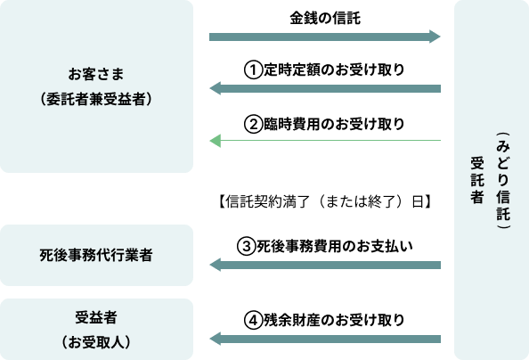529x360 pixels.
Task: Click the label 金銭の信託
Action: click(325, 18)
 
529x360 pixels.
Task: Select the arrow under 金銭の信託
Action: click(324, 37)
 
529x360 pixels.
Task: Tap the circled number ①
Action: click(253, 70)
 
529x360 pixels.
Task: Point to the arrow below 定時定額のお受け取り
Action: click(325, 88)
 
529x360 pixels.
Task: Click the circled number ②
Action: click(253, 124)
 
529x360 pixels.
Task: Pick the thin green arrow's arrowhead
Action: click(216, 141)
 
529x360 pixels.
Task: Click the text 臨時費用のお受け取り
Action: click(334, 124)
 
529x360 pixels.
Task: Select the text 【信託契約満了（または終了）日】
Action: click(325, 201)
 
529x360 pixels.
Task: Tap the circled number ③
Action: click(246, 246)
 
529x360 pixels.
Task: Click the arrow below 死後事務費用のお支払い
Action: click(325, 265)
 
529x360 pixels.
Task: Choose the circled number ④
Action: click(253, 320)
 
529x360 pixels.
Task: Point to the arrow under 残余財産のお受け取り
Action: click(325, 339)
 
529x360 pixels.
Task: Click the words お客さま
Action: click(96, 74)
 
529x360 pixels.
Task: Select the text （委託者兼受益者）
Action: click(96, 99)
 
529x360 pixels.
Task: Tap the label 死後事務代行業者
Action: click(96, 255)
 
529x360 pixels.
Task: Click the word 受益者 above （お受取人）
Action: click(96, 317)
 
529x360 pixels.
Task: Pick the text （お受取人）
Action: click(96, 342)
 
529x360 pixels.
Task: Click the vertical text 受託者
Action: click(477, 180)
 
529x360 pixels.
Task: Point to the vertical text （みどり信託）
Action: click(503, 181)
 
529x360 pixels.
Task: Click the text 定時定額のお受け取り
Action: click(334, 70)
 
